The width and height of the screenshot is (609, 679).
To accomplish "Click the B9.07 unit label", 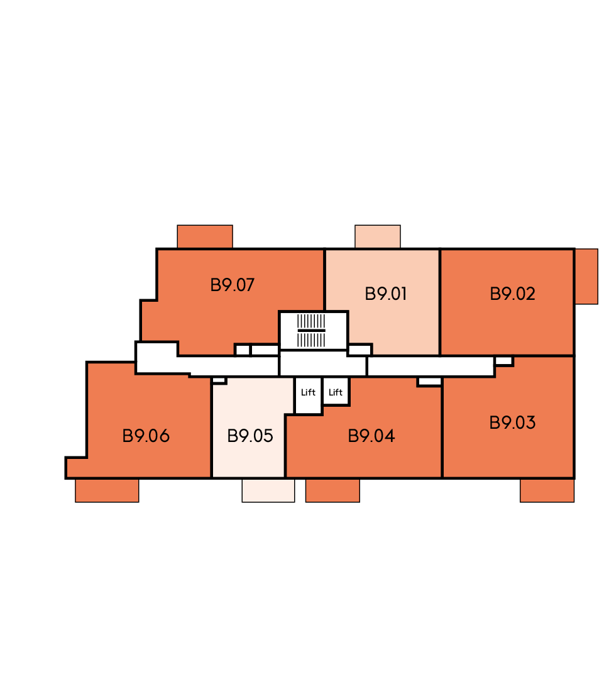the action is click(x=232, y=285).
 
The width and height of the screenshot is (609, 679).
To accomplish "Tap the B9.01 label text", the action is click(x=386, y=294).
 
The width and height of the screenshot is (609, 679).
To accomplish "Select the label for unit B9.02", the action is click(x=512, y=294).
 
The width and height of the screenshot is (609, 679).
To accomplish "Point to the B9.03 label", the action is click(x=512, y=422).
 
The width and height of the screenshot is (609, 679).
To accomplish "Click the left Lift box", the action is click(x=308, y=395).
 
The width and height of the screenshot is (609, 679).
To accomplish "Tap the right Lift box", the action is click(x=336, y=392).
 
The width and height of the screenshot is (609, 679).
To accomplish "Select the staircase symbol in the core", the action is click(x=311, y=331).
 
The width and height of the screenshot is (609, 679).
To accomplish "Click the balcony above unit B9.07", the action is click(x=205, y=236).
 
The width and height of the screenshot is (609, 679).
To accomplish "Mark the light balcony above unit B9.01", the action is click(x=378, y=236).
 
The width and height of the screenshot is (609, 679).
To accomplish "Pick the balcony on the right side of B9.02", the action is click(x=586, y=276).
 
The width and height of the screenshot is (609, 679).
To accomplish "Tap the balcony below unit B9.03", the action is click(x=547, y=490).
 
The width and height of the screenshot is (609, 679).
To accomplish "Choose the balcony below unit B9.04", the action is click(x=332, y=490).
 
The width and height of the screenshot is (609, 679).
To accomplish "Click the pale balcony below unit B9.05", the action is click(x=268, y=490).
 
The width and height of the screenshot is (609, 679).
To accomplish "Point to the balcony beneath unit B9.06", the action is click(x=107, y=490).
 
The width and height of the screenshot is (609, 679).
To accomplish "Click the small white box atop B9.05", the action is click(x=219, y=380).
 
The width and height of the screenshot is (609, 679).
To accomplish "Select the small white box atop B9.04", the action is click(x=429, y=382).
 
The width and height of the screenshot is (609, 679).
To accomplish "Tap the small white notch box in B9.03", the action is click(x=503, y=361).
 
